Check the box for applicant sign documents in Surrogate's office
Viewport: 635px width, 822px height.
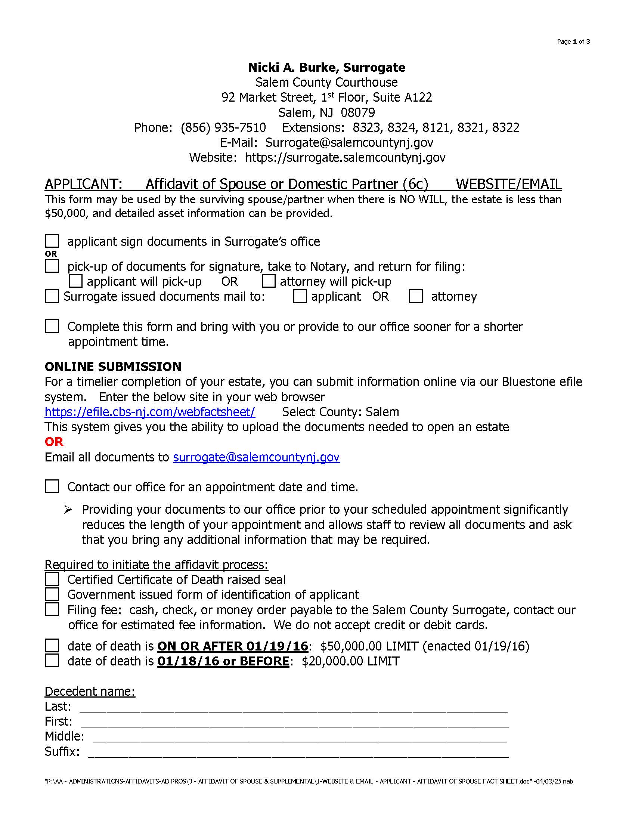click(52, 241)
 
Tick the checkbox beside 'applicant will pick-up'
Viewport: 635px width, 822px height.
click(75, 281)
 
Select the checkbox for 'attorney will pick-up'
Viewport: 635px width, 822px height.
click(269, 281)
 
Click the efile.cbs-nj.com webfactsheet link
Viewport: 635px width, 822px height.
click(150, 412)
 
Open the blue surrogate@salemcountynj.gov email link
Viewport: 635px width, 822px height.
click(256, 457)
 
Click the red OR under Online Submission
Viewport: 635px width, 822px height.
click(54, 442)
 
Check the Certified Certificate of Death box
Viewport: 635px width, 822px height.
click(52, 579)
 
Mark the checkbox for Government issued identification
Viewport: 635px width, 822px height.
click(52, 594)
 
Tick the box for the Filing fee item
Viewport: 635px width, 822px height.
click(52, 609)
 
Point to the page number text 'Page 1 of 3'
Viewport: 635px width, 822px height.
click(573, 41)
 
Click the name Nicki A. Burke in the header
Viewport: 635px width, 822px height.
click(294, 67)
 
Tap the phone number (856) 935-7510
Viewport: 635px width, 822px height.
click(223, 127)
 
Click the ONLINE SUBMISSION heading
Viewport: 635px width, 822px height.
click(113, 367)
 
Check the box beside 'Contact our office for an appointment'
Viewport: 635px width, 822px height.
click(52, 486)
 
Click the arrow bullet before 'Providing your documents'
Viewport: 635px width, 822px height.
click(68, 510)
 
